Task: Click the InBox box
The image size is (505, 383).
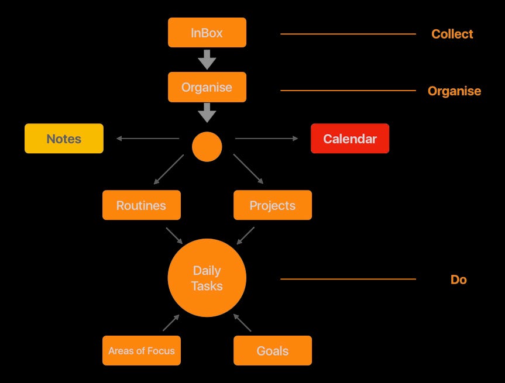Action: point(207,33)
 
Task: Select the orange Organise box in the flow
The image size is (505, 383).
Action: point(207,87)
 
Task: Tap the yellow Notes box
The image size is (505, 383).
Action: point(64,139)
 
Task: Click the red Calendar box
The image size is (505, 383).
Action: point(349,139)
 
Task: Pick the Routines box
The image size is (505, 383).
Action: point(141,205)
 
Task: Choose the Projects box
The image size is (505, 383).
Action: point(272,205)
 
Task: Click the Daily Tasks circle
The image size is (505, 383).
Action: point(207,278)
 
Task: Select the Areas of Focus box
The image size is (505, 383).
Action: point(141,351)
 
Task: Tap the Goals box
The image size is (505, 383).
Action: point(272,351)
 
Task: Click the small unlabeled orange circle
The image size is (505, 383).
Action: point(207,147)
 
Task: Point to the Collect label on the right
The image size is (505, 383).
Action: point(452,34)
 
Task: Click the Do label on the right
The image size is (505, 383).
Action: point(458,280)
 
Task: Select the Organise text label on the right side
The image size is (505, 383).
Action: point(454,91)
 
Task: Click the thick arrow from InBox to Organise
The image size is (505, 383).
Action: point(207,59)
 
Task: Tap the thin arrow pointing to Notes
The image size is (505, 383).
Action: point(147,139)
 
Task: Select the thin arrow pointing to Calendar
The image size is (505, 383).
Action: point(266,139)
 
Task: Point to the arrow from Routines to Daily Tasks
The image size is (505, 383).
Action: point(174,236)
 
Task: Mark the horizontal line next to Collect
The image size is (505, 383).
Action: point(348,34)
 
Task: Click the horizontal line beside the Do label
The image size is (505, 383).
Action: point(348,279)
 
